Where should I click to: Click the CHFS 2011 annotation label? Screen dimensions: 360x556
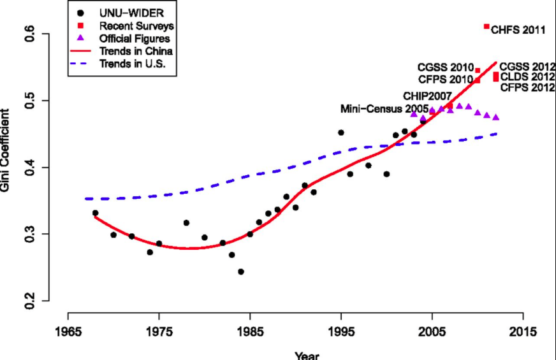518,29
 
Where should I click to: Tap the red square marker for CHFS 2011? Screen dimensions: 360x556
486,27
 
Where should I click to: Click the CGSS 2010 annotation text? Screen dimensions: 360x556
445,67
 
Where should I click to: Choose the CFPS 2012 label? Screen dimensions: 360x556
527,88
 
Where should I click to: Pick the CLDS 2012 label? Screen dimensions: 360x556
527,77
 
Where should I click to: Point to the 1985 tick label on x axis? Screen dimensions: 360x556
250,332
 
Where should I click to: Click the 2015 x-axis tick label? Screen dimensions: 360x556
523,332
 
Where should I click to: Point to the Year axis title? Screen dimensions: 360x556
307,355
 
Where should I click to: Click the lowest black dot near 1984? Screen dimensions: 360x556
241,271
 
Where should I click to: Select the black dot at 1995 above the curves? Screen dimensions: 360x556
340,133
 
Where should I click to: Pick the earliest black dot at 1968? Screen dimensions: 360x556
95,213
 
